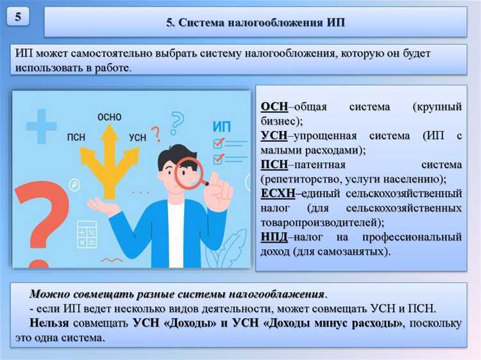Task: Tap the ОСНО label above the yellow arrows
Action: pos(108,117)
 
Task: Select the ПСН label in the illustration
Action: pos(76,137)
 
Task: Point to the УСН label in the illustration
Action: pos(137,137)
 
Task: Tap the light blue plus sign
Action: pos(42,126)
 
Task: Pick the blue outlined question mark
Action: pos(176,122)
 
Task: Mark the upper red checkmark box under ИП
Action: pos(218,142)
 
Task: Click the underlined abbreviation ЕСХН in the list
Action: pos(275,193)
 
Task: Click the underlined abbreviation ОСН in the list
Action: pos(274,106)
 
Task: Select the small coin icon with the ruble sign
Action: pos(75,185)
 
